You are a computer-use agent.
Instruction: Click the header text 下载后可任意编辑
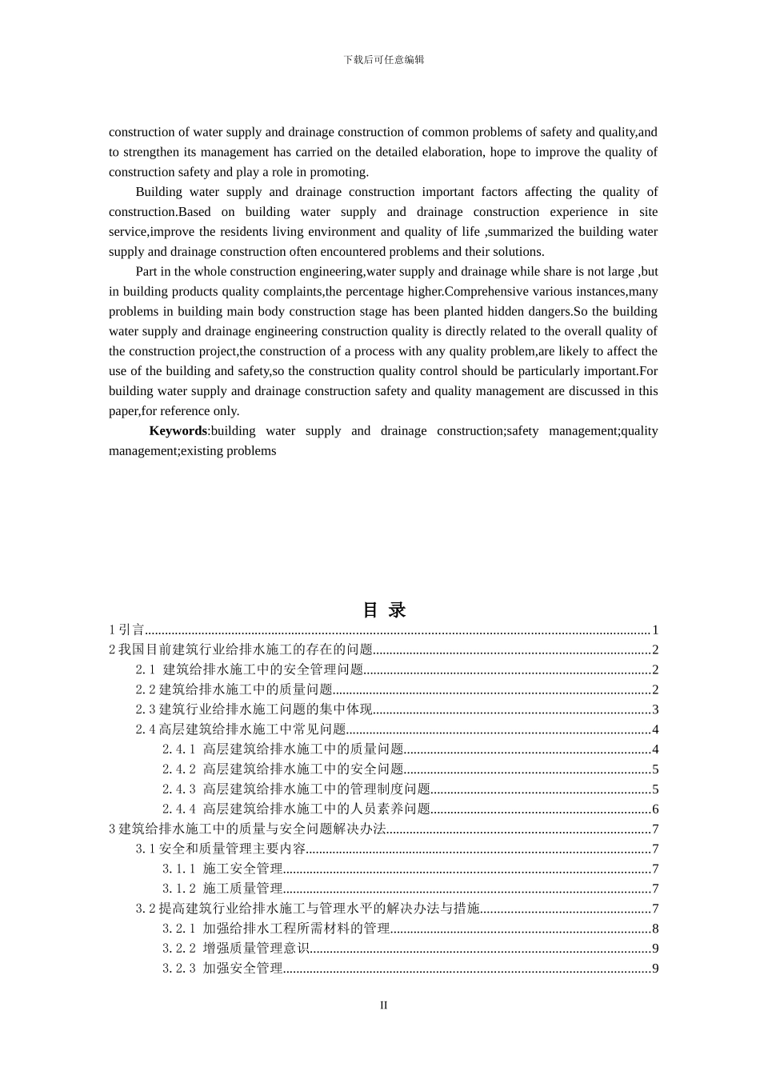pos(383,59)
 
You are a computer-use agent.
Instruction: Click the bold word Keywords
pos(178,431)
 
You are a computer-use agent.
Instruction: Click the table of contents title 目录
pos(384,609)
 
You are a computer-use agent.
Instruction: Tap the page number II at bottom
pos(383,1005)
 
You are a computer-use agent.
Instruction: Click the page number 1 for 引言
pos(655,630)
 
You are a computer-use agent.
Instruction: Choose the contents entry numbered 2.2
pos(234,689)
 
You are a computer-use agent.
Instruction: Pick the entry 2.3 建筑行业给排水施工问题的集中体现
pos(254,709)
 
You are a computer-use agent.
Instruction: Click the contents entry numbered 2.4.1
pos(282,749)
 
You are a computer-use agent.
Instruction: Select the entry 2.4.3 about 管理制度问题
pos(296,789)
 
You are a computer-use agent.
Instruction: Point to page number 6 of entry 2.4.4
pos(655,809)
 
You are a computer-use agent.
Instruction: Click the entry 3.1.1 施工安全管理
pos(222,869)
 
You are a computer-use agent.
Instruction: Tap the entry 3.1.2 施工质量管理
pos(222,889)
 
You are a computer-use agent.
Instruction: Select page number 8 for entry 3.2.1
pos(655,929)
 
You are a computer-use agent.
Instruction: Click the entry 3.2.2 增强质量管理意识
pos(236,949)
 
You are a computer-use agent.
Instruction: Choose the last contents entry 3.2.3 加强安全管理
pos(222,969)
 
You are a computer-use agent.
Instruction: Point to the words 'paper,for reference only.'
pos(174,411)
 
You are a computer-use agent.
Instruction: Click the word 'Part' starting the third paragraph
pos(147,272)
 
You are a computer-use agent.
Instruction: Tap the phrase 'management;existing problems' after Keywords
pos(192,451)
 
